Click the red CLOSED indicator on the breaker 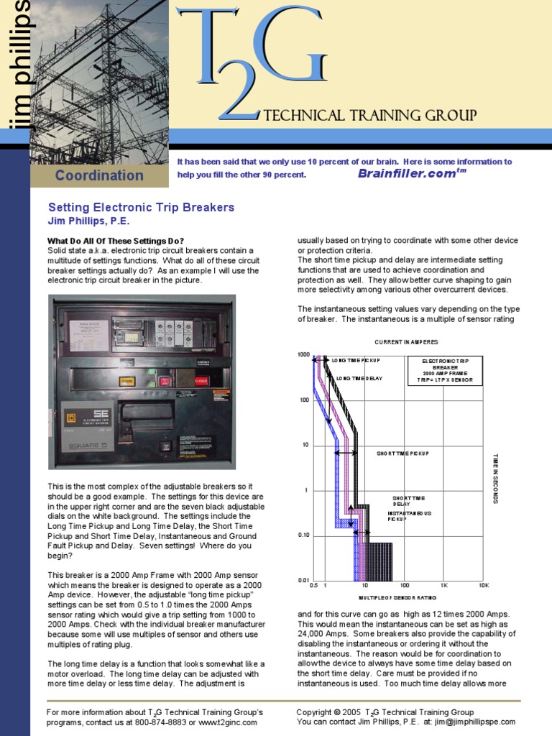pos(201,382)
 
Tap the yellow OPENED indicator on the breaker pos(127,382)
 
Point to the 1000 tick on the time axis pos(303,354)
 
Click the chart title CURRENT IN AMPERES pos(406,342)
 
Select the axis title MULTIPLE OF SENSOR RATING pos(397,598)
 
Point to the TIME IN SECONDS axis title pos(496,478)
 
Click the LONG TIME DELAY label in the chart pos(359,378)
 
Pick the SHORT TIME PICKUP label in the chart pos(402,454)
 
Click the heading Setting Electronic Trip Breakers pos(141,207)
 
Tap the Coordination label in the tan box pos(99,175)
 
